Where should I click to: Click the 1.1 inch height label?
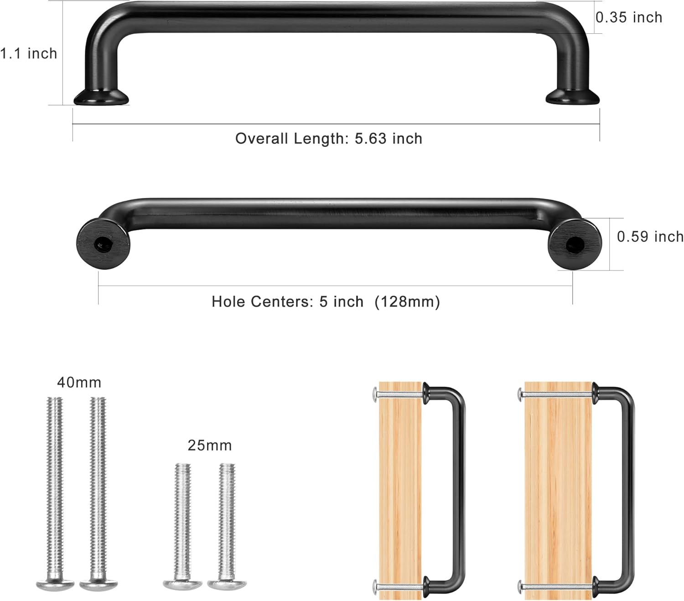tap(28, 54)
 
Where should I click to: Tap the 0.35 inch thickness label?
tap(629, 17)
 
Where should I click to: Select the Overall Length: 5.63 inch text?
tap(328, 139)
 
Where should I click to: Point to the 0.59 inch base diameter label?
tap(650, 237)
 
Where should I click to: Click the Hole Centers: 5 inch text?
tap(287, 302)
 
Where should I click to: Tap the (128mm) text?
tap(407, 302)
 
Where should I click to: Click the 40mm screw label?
tap(79, 382)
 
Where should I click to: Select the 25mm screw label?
tap(209, 445)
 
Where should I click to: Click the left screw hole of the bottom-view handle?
tap(101, 245)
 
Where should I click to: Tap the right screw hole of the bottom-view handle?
tap(573, 245)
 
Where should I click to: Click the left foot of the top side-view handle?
tap(101, 97)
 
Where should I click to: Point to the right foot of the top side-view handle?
tap(573, 97)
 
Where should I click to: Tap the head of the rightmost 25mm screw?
tap(227, 585)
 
